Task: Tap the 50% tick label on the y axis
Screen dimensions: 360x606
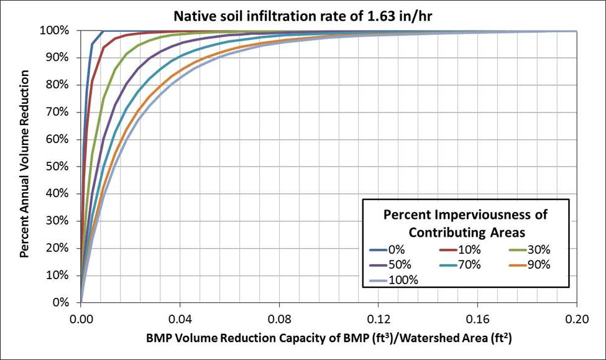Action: click(x=65, y=167)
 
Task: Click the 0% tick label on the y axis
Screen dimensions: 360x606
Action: click(x=68, y=303)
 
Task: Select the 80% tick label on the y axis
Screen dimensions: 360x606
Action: click(x=65, y=85)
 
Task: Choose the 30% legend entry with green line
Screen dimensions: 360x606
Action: click(x=528, y=251)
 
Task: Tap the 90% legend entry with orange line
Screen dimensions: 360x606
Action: click(x=528, y=265)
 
